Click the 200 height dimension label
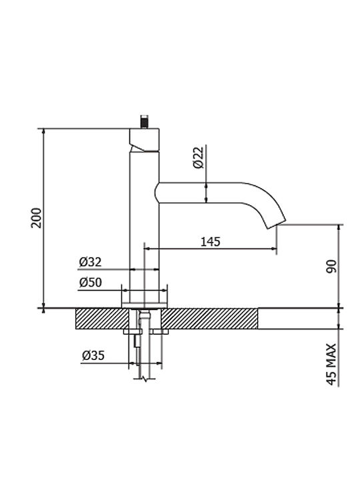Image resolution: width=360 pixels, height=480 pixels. pos(36,217)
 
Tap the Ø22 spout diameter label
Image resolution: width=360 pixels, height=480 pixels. pos(198,157)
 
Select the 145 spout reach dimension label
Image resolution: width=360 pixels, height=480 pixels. pos(210,242)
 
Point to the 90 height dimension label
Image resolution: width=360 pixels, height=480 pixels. pos(331,266)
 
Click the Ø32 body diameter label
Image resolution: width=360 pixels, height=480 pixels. pos(90,262)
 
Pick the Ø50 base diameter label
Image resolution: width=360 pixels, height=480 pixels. pos(90,282)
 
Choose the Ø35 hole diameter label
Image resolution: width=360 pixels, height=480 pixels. pos(93,355)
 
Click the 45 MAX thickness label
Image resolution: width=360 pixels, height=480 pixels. pos(331,364)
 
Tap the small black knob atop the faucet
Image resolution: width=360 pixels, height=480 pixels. pos(144,122)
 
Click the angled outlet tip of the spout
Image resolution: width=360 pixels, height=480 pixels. pos(277,224)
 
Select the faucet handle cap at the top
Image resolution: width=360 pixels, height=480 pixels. pos(144,140)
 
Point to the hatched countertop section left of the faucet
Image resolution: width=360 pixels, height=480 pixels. pos(102,319)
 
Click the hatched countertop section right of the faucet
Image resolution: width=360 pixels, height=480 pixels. pos(209,319)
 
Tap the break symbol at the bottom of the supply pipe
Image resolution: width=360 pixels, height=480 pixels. pos(145,379)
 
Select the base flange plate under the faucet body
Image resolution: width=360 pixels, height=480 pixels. pos(145,305)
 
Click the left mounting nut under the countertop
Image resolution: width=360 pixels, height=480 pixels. pos(132,331)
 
